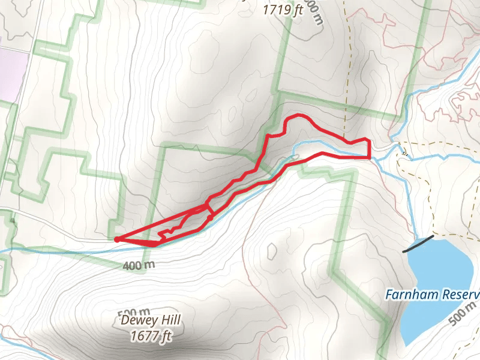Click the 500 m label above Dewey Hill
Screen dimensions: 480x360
(134, 312)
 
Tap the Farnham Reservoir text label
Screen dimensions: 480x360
(432, 295)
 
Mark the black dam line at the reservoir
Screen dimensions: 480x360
(418, 243)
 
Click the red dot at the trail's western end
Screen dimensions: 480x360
(116, 239)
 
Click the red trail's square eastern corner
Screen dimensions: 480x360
(369, 157)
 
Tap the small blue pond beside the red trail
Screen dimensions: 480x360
(292, 158)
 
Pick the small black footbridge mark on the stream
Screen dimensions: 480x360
(404, 154)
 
